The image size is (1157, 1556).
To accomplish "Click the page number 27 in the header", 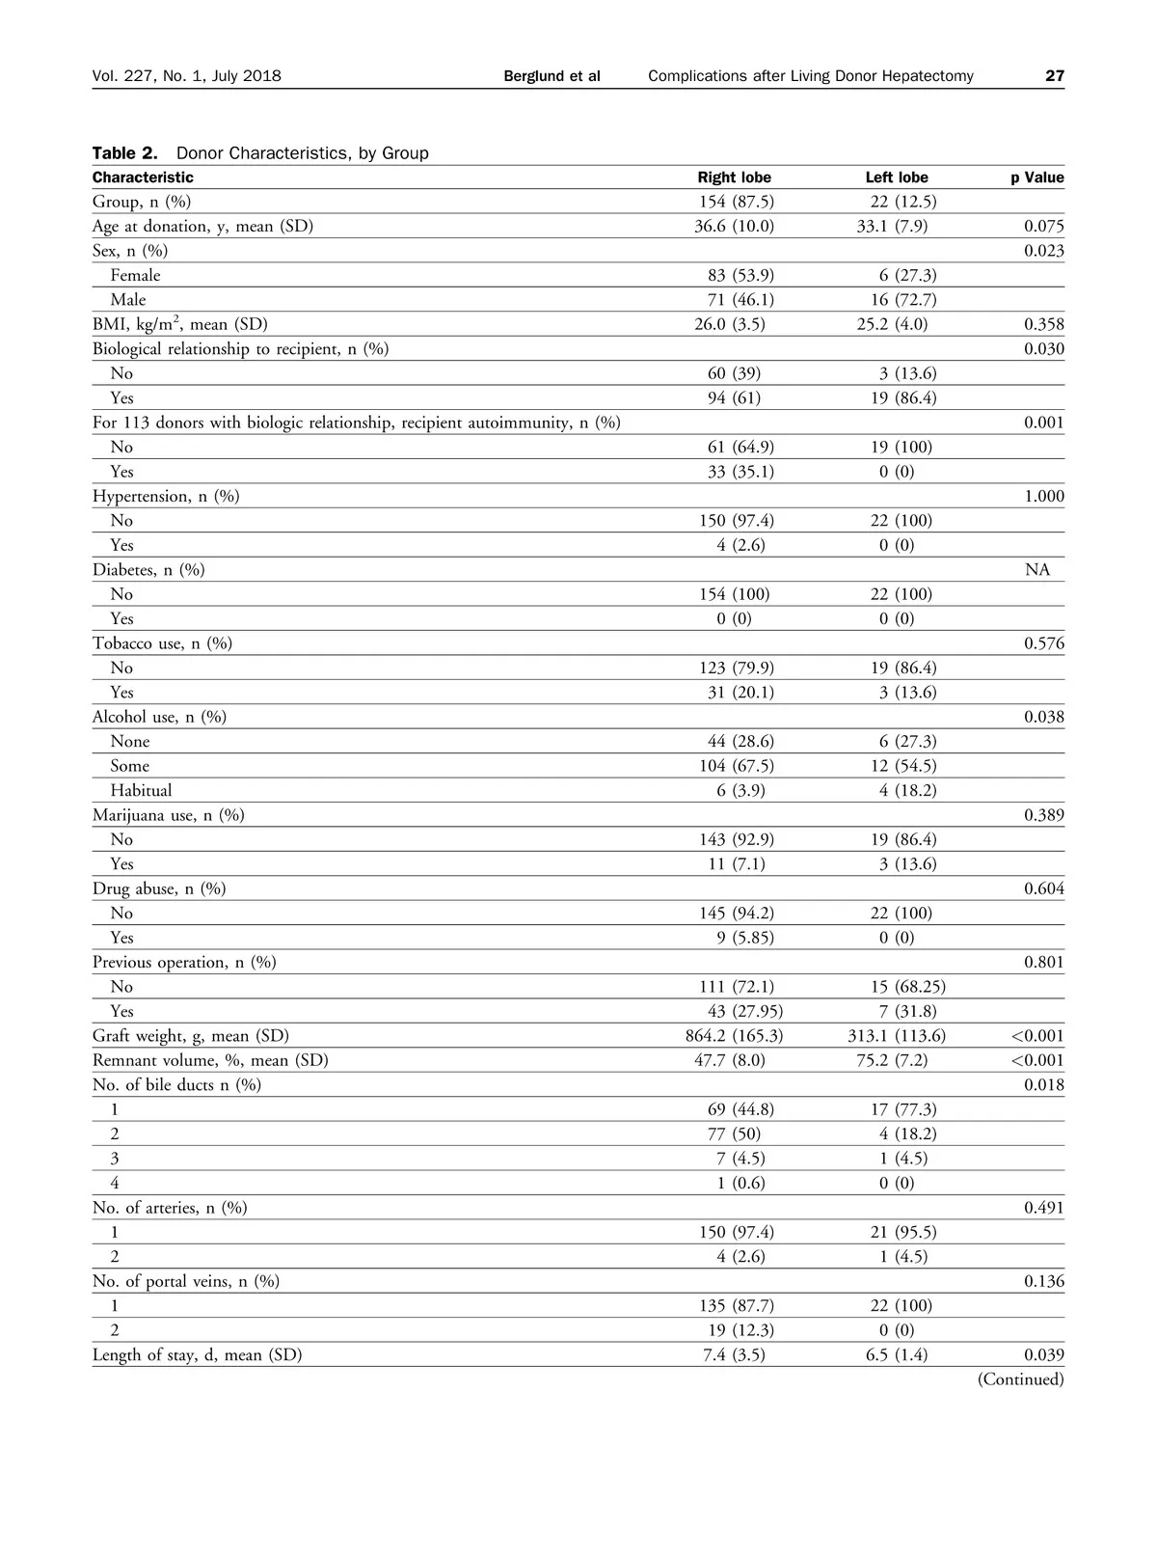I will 1055,76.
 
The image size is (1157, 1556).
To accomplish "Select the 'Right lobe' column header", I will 734,177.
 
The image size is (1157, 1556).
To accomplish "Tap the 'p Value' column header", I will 1036,177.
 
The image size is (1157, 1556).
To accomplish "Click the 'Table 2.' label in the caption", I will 124,153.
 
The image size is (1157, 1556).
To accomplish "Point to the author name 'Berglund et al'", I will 552,76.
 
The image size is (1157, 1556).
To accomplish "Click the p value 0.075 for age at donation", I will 1043,227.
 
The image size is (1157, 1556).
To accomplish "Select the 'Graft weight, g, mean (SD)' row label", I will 191,1036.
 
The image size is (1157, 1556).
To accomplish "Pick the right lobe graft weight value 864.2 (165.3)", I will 734,1036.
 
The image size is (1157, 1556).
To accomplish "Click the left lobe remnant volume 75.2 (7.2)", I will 892,1060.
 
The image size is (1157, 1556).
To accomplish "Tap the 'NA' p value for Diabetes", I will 1037,570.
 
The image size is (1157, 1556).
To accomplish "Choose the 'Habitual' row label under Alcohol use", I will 141,790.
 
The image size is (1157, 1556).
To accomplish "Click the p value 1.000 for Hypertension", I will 1043,497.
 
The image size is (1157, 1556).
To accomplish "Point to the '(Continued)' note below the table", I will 1020,1379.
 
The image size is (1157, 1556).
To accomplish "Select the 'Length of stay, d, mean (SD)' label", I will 198,1355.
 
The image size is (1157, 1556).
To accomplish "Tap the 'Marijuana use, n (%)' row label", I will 169,815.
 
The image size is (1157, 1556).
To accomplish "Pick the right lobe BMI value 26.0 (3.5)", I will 730,325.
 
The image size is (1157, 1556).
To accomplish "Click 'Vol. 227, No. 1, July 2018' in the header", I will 187,76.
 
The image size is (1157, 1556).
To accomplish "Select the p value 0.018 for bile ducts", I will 1043,1085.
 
